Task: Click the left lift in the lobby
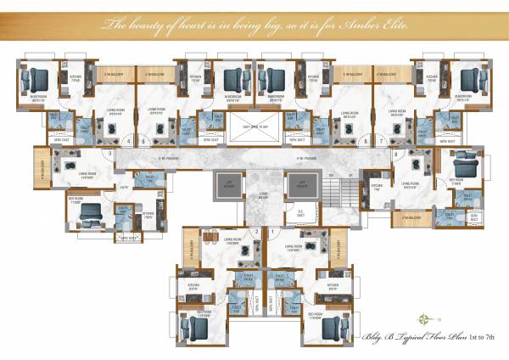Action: coord(227,184)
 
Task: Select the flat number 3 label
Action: coord(110,153)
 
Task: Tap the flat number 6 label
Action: coord(366,141)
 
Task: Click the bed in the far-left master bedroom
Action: coord(39,81)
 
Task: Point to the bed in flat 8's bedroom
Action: coord(463,164)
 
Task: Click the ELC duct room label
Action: coord(299,214)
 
